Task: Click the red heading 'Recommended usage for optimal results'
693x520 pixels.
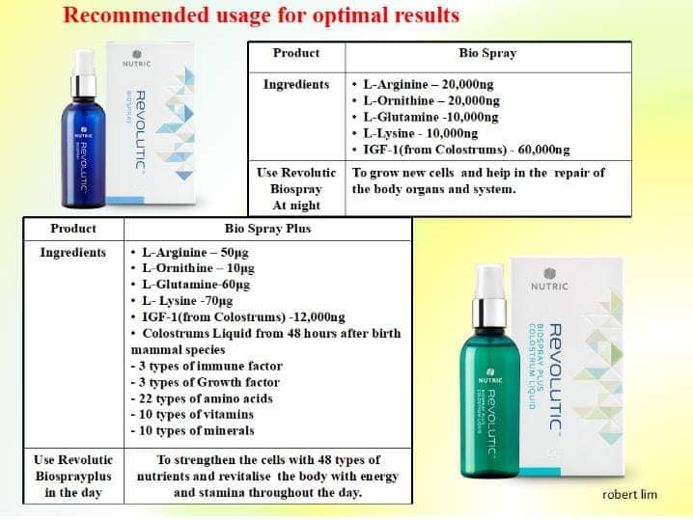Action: point(262,15)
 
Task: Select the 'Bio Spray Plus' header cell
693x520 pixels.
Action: point(267,229)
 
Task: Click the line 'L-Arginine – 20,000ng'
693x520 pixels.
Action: point(429,84)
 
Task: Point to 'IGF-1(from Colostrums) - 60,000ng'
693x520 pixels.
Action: point(466,150)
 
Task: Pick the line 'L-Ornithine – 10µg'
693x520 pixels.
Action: point(198,268)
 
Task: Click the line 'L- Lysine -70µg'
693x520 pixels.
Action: point(187,301)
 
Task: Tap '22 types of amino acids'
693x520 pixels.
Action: point(202,398)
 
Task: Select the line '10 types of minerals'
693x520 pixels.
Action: point(193,430)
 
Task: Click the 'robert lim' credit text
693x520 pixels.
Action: point(630,494)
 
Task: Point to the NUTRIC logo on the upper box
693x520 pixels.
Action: point(136,59)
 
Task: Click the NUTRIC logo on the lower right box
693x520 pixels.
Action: point(549,280)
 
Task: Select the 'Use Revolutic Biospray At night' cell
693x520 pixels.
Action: point(296,189)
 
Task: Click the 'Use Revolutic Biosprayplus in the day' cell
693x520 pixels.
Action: point(73,476)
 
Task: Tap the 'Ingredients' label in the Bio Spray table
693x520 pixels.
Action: point(296,84)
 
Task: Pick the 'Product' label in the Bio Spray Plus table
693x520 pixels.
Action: point(73,229)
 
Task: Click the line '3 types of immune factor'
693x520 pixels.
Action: point(207,366)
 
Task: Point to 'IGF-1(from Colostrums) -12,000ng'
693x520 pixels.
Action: point(243,317)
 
